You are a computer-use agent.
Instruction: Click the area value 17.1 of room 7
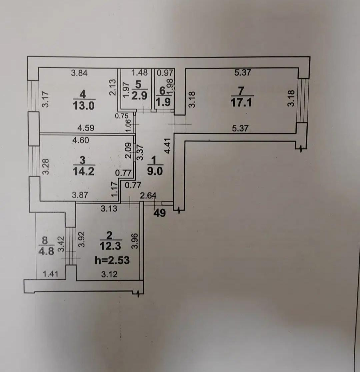(x=242, y=103)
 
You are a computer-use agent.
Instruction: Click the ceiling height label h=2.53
(x=112, y=260)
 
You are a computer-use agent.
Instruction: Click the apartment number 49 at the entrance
(x=160, y=213)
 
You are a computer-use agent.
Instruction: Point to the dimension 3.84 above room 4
(x=79, y=73)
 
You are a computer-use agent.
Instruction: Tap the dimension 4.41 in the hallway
(x=168, y=146)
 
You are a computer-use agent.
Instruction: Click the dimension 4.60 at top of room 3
(x=81, y=141)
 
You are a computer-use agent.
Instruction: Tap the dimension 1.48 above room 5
(x=139, y=73)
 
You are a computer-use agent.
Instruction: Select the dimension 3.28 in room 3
(x=46, y=167)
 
